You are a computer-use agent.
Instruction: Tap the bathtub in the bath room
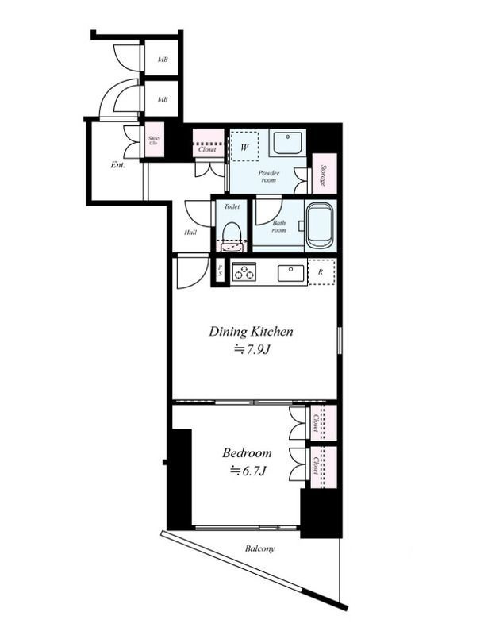click(319, 225)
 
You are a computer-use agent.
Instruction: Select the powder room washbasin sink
click(287, 142)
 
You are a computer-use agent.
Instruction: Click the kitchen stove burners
click(244, 271)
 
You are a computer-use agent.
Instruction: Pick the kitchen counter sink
click(290, 273)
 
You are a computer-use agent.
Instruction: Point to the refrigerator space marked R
click(321, 271)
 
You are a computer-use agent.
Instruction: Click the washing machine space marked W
click(244, 147)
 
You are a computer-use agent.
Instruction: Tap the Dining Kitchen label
click(251, 332)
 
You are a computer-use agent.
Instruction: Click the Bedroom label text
click(247, 452)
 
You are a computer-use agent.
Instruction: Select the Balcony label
click(259, 548)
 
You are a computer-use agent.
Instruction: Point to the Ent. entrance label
click(117, 165)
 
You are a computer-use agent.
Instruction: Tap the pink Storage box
click(325, 174)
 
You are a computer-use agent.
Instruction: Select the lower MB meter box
click(162, 98)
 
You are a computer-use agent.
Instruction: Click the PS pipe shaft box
click(221, 271)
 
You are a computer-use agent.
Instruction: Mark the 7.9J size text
click(252, 349)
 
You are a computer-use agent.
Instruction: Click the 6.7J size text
click(248, 471)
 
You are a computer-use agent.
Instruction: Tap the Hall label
click(190, 233)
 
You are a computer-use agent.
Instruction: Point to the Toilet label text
click(232, 206)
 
